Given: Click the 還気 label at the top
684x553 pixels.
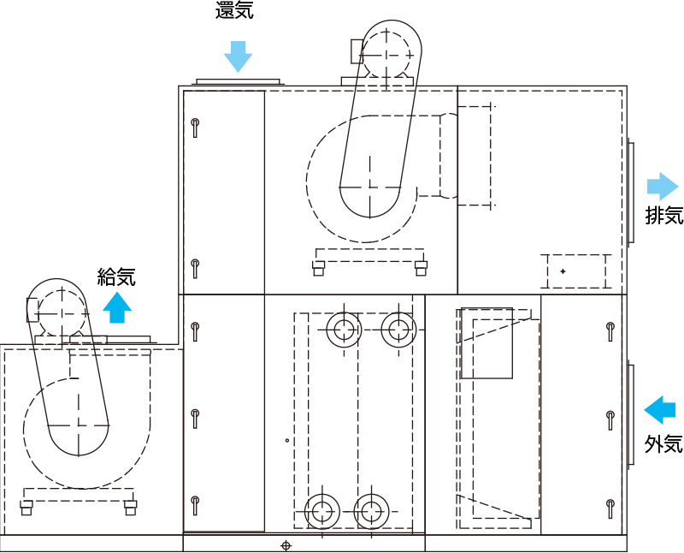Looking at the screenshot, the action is [x=234, y=9].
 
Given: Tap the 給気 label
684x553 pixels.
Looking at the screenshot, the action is [x=116, y=276].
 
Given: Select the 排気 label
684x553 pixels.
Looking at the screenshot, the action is [x=664, y=215].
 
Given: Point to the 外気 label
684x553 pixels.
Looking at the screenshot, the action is [x=664, y=444].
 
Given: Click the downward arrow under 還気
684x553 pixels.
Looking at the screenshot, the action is [x=239, y=56].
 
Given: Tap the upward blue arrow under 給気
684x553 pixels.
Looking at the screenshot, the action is [x=117, y=307].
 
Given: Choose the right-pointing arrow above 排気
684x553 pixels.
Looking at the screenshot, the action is [x=663, y=186].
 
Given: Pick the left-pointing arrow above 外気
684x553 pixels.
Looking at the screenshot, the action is [x=660, y=410].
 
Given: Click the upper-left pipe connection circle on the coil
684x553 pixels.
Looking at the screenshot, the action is [x=345, y=330].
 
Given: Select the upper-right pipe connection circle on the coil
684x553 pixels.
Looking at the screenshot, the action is [x=398, y=330].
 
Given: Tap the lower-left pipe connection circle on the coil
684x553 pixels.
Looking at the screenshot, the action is [x=322, y=512].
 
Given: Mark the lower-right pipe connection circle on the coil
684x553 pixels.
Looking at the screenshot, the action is [x=372, y=512].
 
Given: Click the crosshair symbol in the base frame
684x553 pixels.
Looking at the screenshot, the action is [x=286, y=545].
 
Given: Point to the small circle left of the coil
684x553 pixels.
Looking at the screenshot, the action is [x=287, y=440].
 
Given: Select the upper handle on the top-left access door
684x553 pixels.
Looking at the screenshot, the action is [x=195, y=128].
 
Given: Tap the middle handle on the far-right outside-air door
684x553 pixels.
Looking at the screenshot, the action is [x=610, y=420].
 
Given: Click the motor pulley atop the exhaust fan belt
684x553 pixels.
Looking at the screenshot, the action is [x=386, y=56].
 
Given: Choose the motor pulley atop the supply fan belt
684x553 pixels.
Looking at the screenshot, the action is [x=62, y=313].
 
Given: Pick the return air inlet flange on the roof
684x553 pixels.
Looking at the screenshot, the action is [x=239, y=81].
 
